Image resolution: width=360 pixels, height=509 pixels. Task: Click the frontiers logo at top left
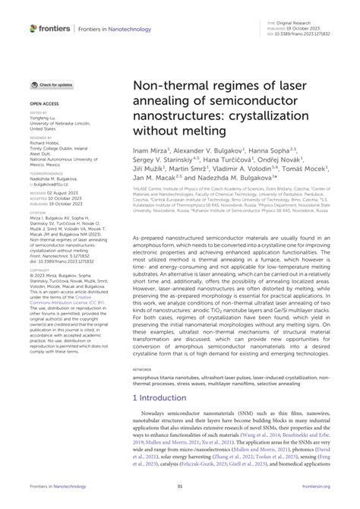[x=48, y=27]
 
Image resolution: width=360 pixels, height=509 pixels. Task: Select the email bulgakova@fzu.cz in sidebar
[x=53, y=184]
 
